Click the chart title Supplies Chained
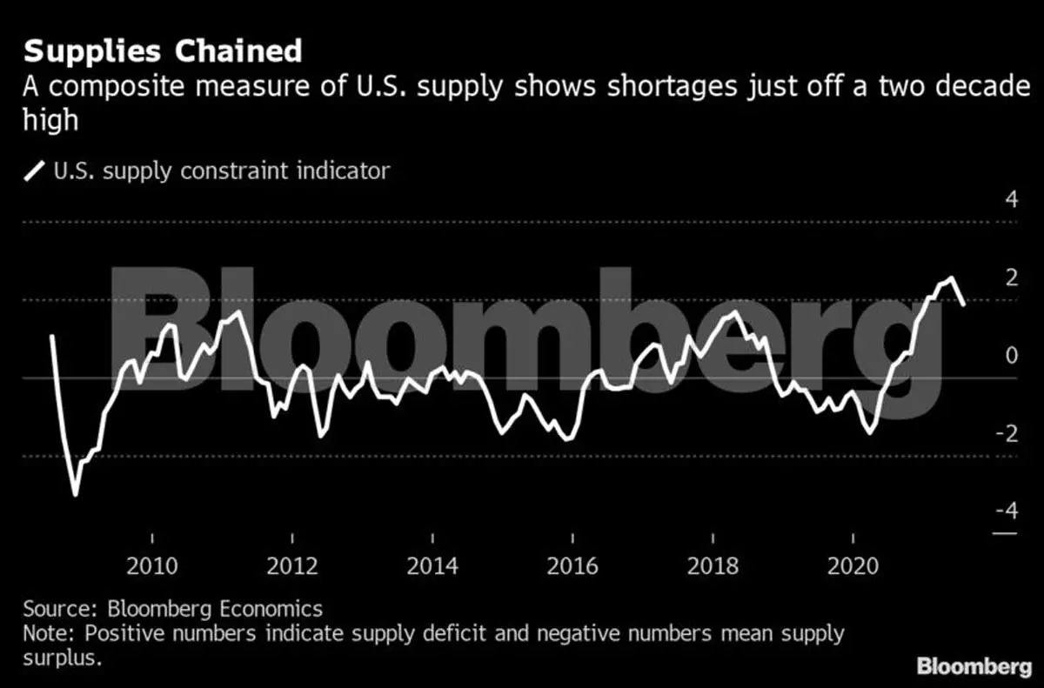pos(162,51)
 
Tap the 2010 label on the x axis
pos(152,566)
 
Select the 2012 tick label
pos(292,566)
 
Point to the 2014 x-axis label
pos(432,566)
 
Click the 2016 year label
pos(572,566)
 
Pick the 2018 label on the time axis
pos(713,566)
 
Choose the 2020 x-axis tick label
pos(853,566)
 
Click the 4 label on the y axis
pos(1011,199)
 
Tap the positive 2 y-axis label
pos(1011,277)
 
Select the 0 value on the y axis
pos(1011,355)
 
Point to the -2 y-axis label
pos(1006,432)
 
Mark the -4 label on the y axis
pos(1006,510)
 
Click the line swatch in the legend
pos(36,170)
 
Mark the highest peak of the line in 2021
pos(951,278)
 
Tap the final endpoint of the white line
pos(963,304)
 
